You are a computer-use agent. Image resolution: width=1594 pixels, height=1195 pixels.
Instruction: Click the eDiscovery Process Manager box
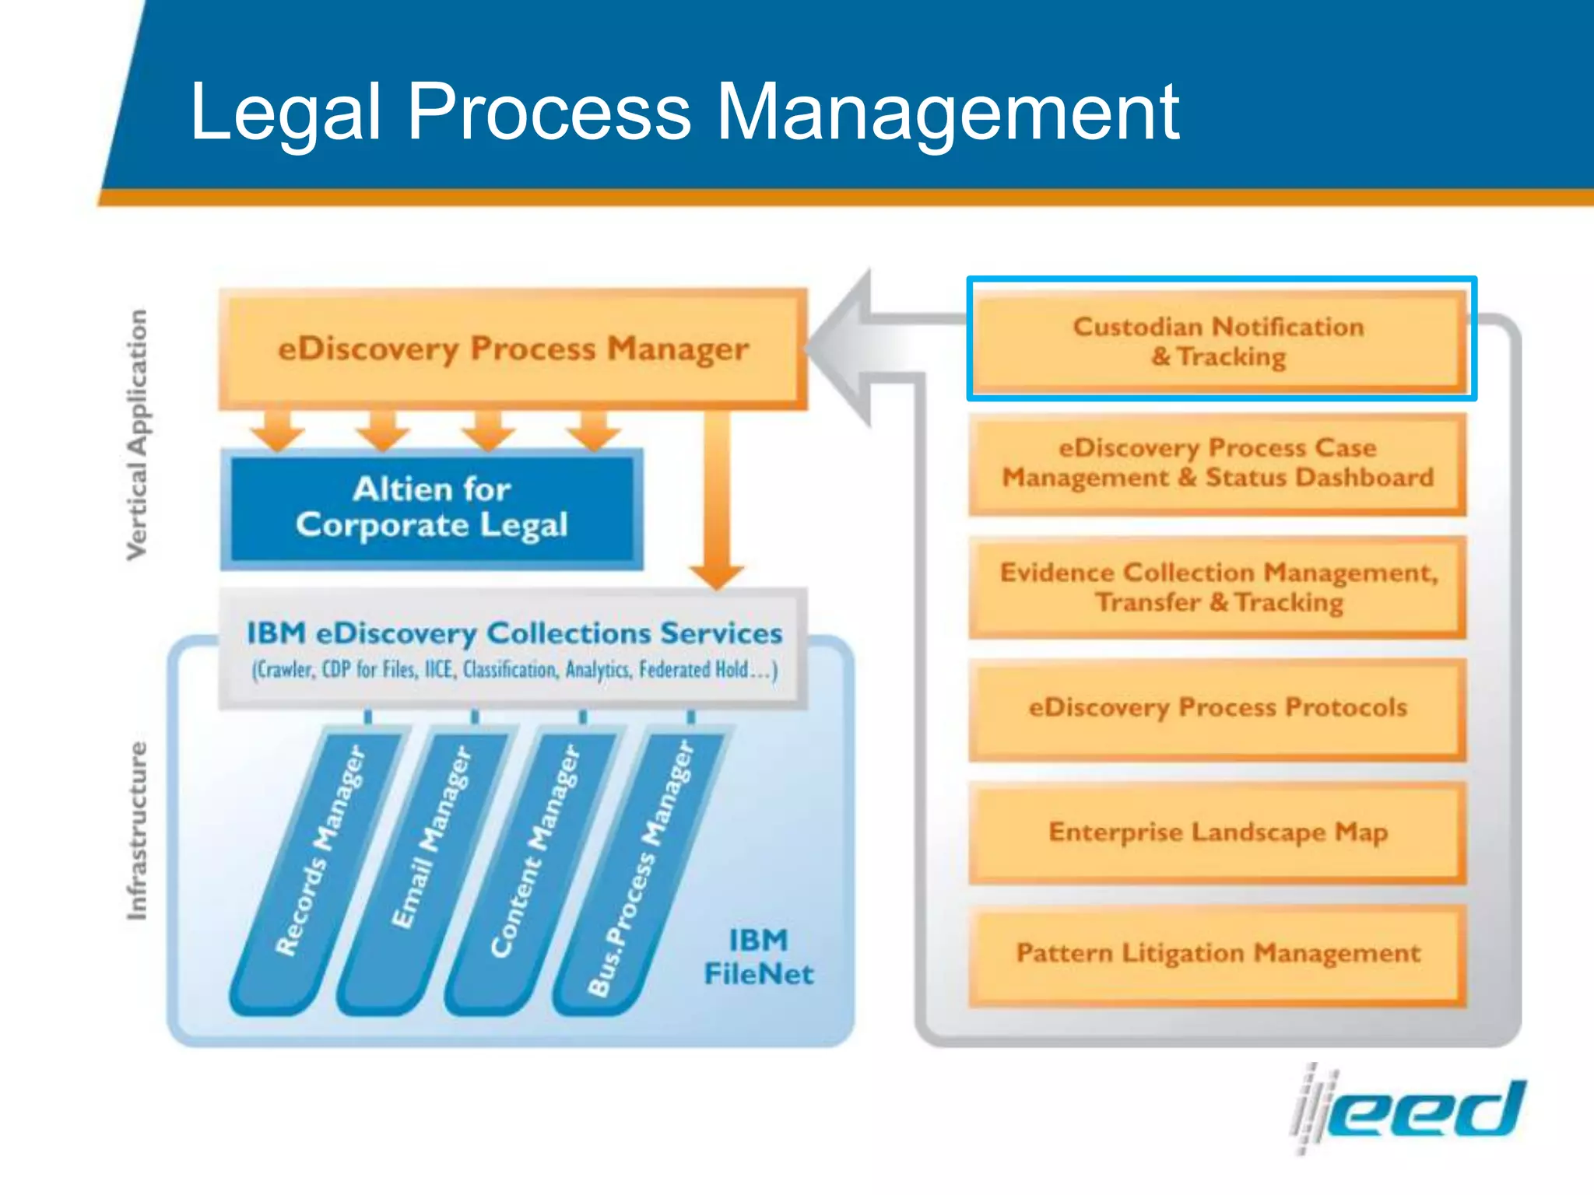512,349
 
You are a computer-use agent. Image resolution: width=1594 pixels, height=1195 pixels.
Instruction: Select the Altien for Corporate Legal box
432,508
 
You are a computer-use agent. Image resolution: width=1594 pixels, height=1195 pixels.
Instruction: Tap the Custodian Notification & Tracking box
1219,341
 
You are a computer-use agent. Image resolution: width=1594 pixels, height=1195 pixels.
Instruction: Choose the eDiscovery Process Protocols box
1217,708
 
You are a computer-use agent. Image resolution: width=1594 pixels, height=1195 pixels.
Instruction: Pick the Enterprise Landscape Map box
1217,832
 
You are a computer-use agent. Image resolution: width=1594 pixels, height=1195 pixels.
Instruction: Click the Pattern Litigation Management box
1217,954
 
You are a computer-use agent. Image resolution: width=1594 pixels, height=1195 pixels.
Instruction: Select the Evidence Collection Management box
1217,587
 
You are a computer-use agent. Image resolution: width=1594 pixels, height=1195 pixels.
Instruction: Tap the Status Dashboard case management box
1217,463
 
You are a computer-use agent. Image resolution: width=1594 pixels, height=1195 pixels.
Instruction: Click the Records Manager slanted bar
319,852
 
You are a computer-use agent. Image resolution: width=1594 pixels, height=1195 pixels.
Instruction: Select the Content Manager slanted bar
535,852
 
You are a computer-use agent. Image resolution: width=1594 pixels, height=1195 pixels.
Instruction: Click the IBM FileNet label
758,957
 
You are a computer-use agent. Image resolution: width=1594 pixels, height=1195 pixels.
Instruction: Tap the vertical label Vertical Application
137,434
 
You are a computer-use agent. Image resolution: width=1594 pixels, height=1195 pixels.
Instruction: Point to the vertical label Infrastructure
137,830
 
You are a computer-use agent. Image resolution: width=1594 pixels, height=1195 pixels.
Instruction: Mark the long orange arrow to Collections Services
717,498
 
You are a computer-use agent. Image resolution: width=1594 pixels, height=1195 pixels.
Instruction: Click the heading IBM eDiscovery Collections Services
514,633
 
